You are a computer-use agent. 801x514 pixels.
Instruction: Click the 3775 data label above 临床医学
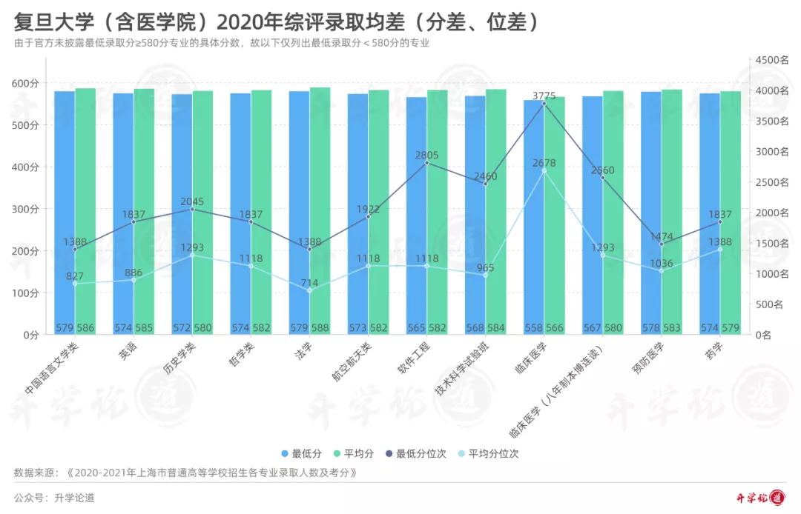544,96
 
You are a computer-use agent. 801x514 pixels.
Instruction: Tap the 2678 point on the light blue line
544,170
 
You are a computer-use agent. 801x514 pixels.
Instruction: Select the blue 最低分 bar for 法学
299,215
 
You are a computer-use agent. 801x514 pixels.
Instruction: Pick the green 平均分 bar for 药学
730,215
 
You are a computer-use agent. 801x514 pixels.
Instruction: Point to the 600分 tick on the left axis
25,84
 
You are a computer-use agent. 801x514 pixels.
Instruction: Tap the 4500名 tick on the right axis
771,60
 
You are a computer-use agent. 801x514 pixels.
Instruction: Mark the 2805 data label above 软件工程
426,156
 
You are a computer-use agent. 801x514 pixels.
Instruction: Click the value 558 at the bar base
533,327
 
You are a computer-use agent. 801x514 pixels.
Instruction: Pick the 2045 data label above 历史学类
192,201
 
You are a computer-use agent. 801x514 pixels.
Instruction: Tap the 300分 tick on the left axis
25,209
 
